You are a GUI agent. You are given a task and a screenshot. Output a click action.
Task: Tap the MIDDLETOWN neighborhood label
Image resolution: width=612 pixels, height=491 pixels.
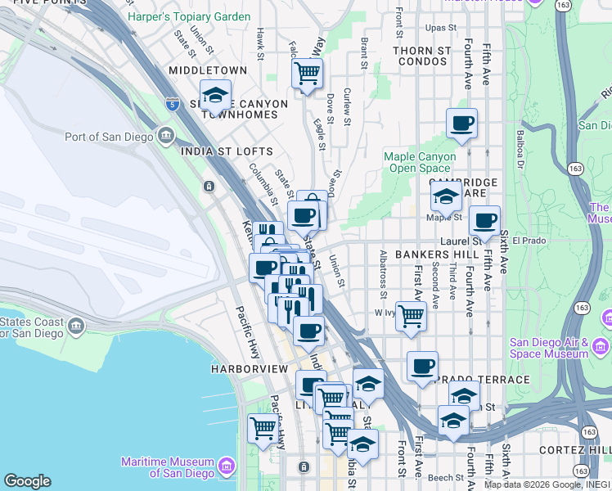coord(207,71)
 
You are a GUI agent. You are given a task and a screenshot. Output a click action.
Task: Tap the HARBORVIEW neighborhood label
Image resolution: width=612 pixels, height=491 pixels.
coord(250,369)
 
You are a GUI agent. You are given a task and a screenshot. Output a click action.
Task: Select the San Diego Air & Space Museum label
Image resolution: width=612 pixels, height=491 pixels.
coord(548,348)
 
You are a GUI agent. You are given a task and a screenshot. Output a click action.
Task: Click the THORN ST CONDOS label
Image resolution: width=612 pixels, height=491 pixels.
coord(421,56)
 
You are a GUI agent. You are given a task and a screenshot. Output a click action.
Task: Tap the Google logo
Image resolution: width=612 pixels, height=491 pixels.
coord(27,480)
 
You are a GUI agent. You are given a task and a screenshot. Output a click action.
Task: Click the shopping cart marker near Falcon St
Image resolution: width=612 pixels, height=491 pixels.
coord(307,73)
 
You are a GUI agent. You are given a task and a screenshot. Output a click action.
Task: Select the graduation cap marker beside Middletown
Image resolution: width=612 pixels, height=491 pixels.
coord(215,96)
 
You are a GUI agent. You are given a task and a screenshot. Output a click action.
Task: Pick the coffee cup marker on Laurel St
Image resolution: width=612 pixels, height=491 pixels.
coord(484,221)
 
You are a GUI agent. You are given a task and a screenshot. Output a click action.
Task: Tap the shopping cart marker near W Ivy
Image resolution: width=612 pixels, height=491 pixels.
coord(411,316)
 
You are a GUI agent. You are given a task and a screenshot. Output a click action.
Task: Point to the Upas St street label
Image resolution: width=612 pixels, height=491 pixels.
coord(440,28)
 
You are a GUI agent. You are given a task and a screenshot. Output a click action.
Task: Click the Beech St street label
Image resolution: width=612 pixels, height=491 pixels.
coord(446,477)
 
